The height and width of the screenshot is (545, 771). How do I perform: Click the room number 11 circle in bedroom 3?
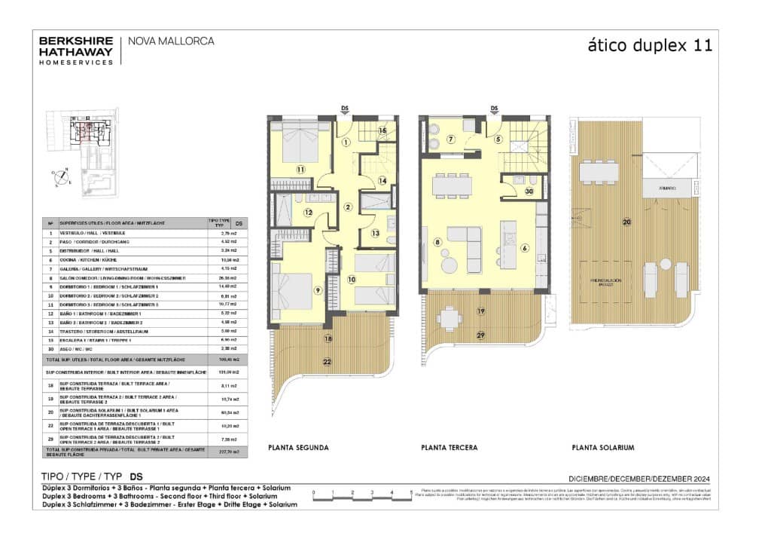pyautogui.click(x=300, y=170)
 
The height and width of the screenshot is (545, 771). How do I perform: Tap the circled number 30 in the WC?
pyautogui.click(x=529, y=191)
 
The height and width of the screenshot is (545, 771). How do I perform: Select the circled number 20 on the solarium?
pyautogui.click(x=626, y=222)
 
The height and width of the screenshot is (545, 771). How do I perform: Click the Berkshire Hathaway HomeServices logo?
pyautogui.click(x=76, y=50)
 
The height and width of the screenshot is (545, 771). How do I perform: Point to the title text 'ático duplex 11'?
pyautogui.click(x=649, y=45)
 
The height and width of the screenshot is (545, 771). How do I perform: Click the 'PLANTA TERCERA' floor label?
pyautogui.click(x=449, y=448)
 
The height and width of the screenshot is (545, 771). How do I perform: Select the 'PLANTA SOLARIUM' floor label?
pyautogui.click(x=602, y=448)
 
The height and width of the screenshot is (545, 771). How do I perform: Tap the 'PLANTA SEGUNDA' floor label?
pyautogui.click(x=298, y=448)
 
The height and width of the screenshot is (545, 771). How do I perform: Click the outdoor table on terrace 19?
pyautogui.click(x=449, y=320)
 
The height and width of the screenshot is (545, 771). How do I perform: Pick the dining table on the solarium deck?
pyautogui.click(x=599, y=173)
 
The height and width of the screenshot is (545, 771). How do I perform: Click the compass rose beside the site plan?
pyautogui.click(x=59, y=175)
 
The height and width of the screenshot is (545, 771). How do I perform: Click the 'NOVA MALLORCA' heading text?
pyautogui.click(x=172, y=41)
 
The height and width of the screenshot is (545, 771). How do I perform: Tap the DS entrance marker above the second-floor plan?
pyautogui.click(x=345, y=108)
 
